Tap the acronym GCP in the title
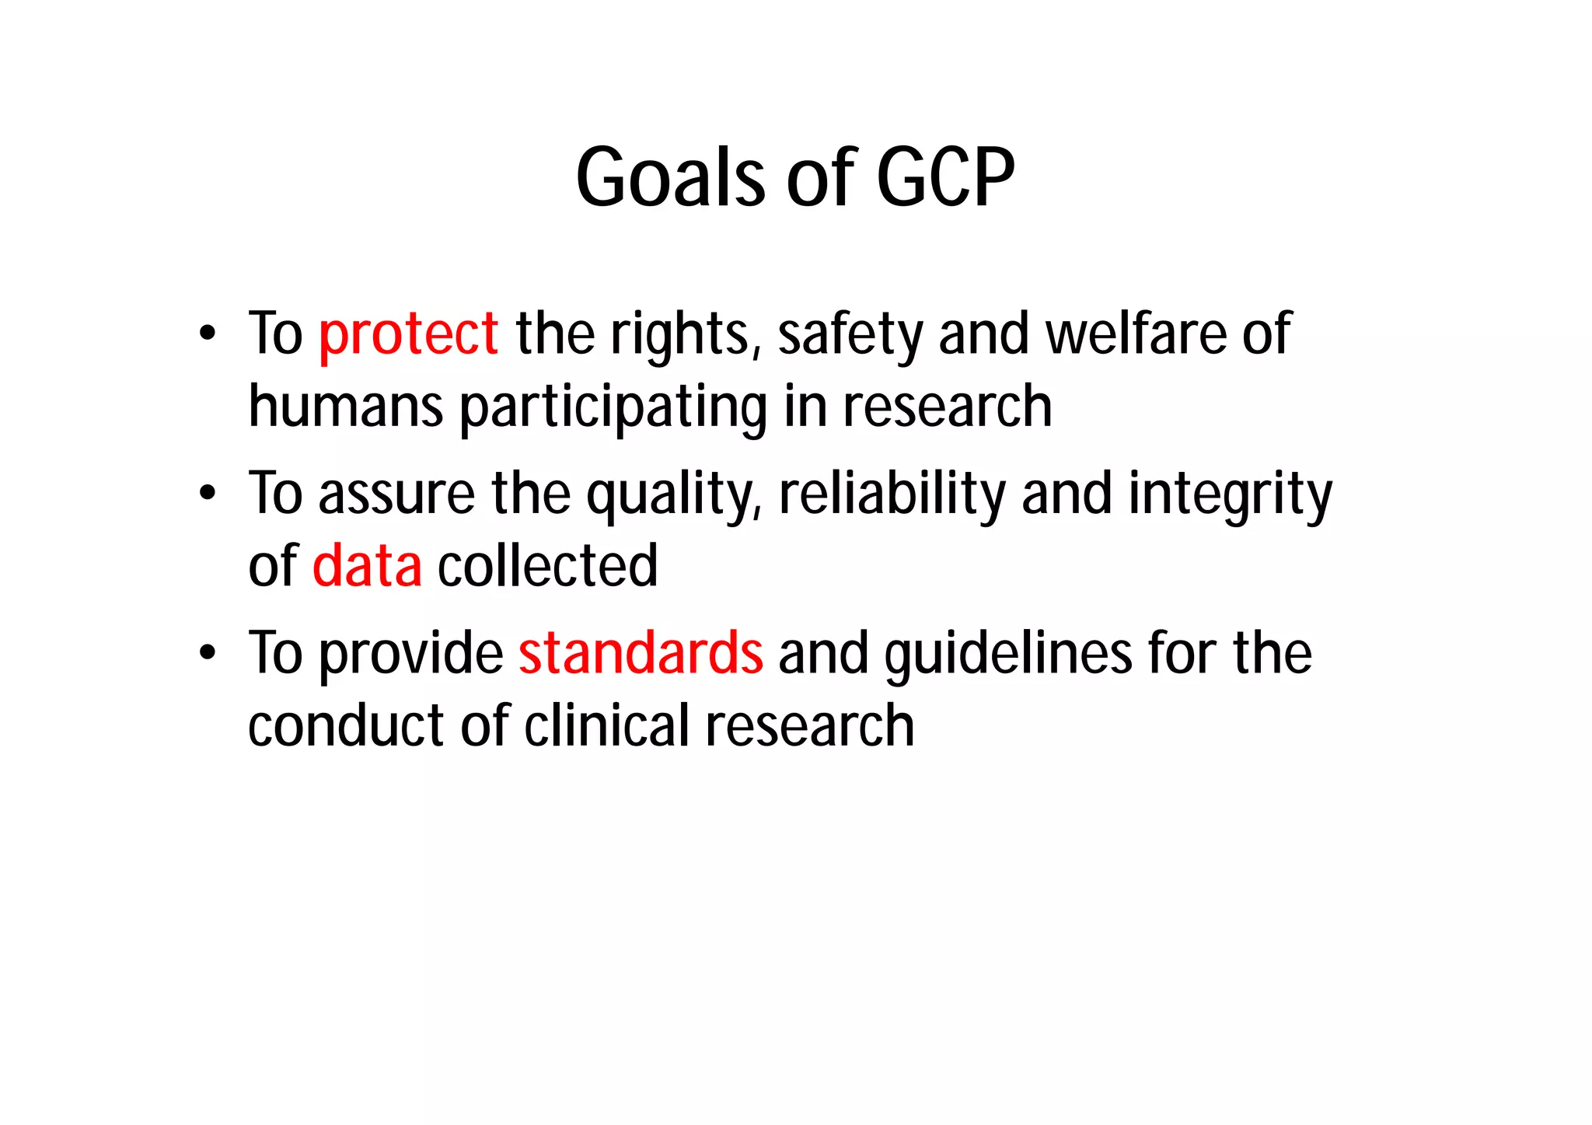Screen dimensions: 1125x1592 [945, 178]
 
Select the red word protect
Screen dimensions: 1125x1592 [408, 334]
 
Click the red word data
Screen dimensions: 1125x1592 [367, 566]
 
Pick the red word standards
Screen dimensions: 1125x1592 [641, 653]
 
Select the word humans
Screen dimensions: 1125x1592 [346, 407]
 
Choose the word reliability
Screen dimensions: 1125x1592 [892, 494]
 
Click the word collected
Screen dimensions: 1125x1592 [547, 566]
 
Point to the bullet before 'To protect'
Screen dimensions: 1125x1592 [207, 334]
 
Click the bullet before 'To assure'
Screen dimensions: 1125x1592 [207, 494]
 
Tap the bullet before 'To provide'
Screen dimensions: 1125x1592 [207, 653]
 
